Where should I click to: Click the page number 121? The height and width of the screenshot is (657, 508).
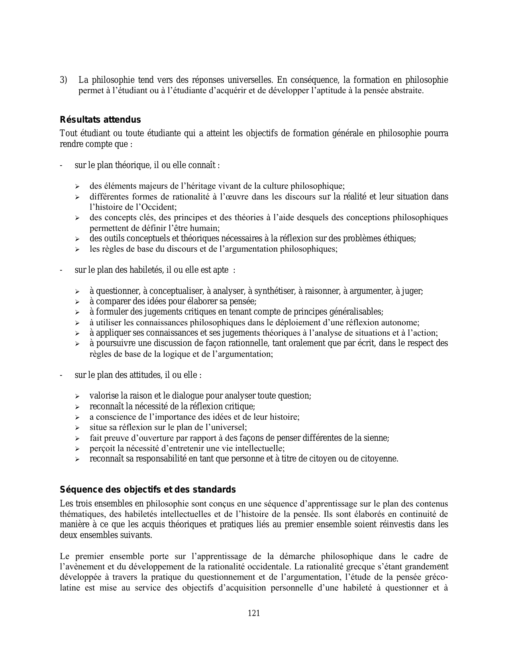[254, 613]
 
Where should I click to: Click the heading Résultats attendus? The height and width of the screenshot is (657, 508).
[100, 120]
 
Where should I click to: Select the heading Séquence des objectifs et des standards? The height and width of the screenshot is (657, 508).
[147, 489]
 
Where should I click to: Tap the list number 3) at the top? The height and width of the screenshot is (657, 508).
[64, 80]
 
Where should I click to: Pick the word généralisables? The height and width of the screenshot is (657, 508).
[357, 312]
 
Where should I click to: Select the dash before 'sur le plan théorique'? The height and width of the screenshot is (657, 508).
[61, 165]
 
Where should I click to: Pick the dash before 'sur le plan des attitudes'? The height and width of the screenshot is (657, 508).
[61, 375]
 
